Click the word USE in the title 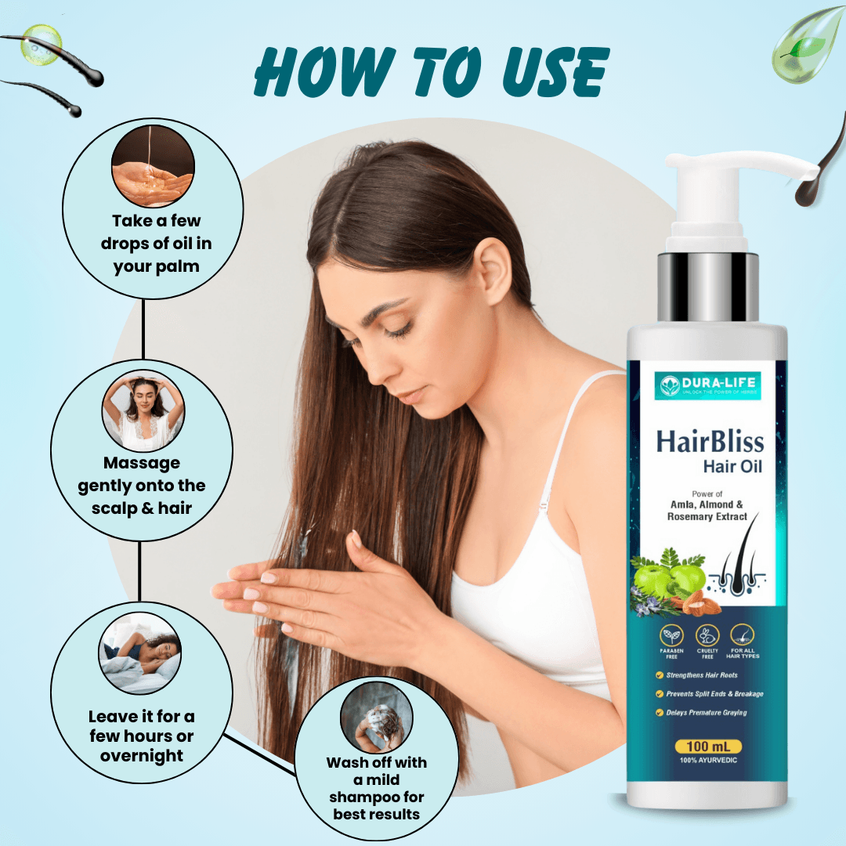click(548, 74)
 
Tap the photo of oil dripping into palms click(153, 169)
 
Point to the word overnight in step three click(142, 756)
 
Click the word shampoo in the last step click(376, 797)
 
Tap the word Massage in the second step click(142, 463)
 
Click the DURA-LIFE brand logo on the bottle click(707, 385)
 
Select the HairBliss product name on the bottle click(710, 442)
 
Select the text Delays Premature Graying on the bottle click(706, 713)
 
